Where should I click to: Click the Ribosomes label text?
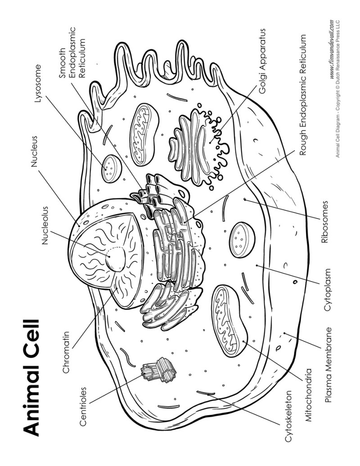324,222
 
